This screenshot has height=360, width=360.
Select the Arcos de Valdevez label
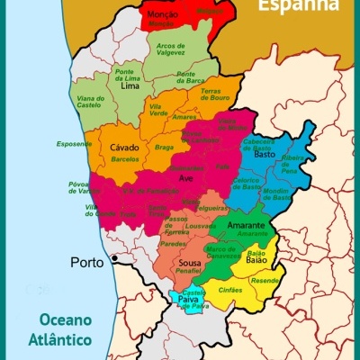pyautogui.click(x=176, y=49)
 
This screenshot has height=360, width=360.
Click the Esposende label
pyautogui.click(x=74, y=143)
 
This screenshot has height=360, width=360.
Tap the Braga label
pyautogui.click(x=164, y=147)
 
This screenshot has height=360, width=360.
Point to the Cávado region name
pyautogui.click(x=124, y=147)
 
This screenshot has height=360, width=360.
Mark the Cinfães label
pyautogui.click(x=230, y=290)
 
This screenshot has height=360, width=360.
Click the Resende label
pyautogui.click(x=265, y=281)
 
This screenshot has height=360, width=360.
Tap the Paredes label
pyautogui.click(x=173, y=243)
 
